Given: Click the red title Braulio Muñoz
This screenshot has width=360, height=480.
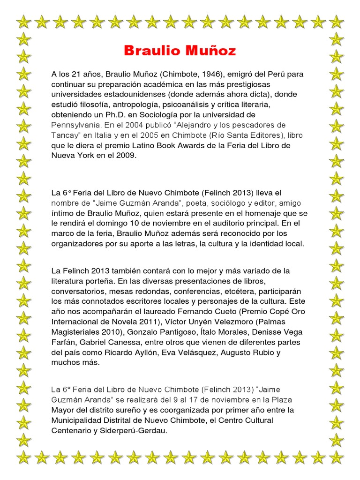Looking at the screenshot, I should pos(180,51).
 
